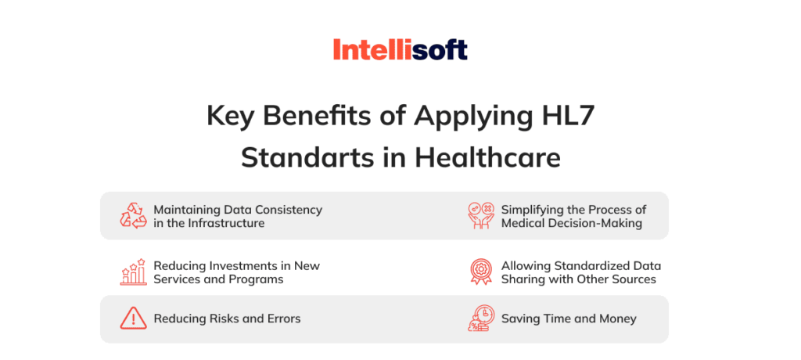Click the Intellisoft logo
click(400, 51)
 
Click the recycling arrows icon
click(133, 215)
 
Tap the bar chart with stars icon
click(133, 272)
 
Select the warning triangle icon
click(133, 319)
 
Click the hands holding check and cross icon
click(480, 215)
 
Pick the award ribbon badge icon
click(480, 272)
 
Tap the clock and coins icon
click(480, 319)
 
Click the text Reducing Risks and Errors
click(227, 319)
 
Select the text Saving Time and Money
click(569, 319)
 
